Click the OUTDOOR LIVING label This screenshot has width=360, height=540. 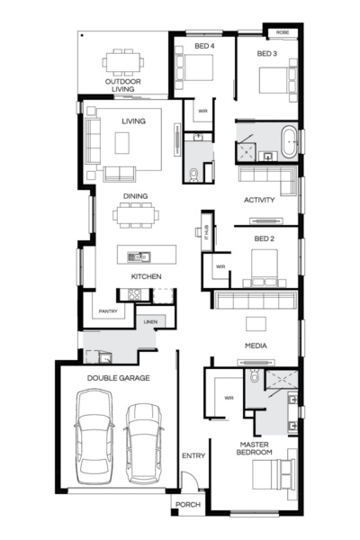[123, 85]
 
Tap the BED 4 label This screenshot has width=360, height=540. [204, 45]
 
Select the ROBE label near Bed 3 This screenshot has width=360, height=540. [282, 32]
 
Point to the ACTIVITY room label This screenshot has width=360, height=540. [265, 200]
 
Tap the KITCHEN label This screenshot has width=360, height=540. [146, 276]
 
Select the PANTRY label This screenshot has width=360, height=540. [108, 311]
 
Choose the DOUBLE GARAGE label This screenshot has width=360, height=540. [118, 379]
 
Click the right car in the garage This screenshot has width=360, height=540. [143, 441]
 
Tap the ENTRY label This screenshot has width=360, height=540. [193, 455]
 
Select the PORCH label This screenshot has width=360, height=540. [188, 505]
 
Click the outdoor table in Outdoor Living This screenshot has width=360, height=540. [123, 62]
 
